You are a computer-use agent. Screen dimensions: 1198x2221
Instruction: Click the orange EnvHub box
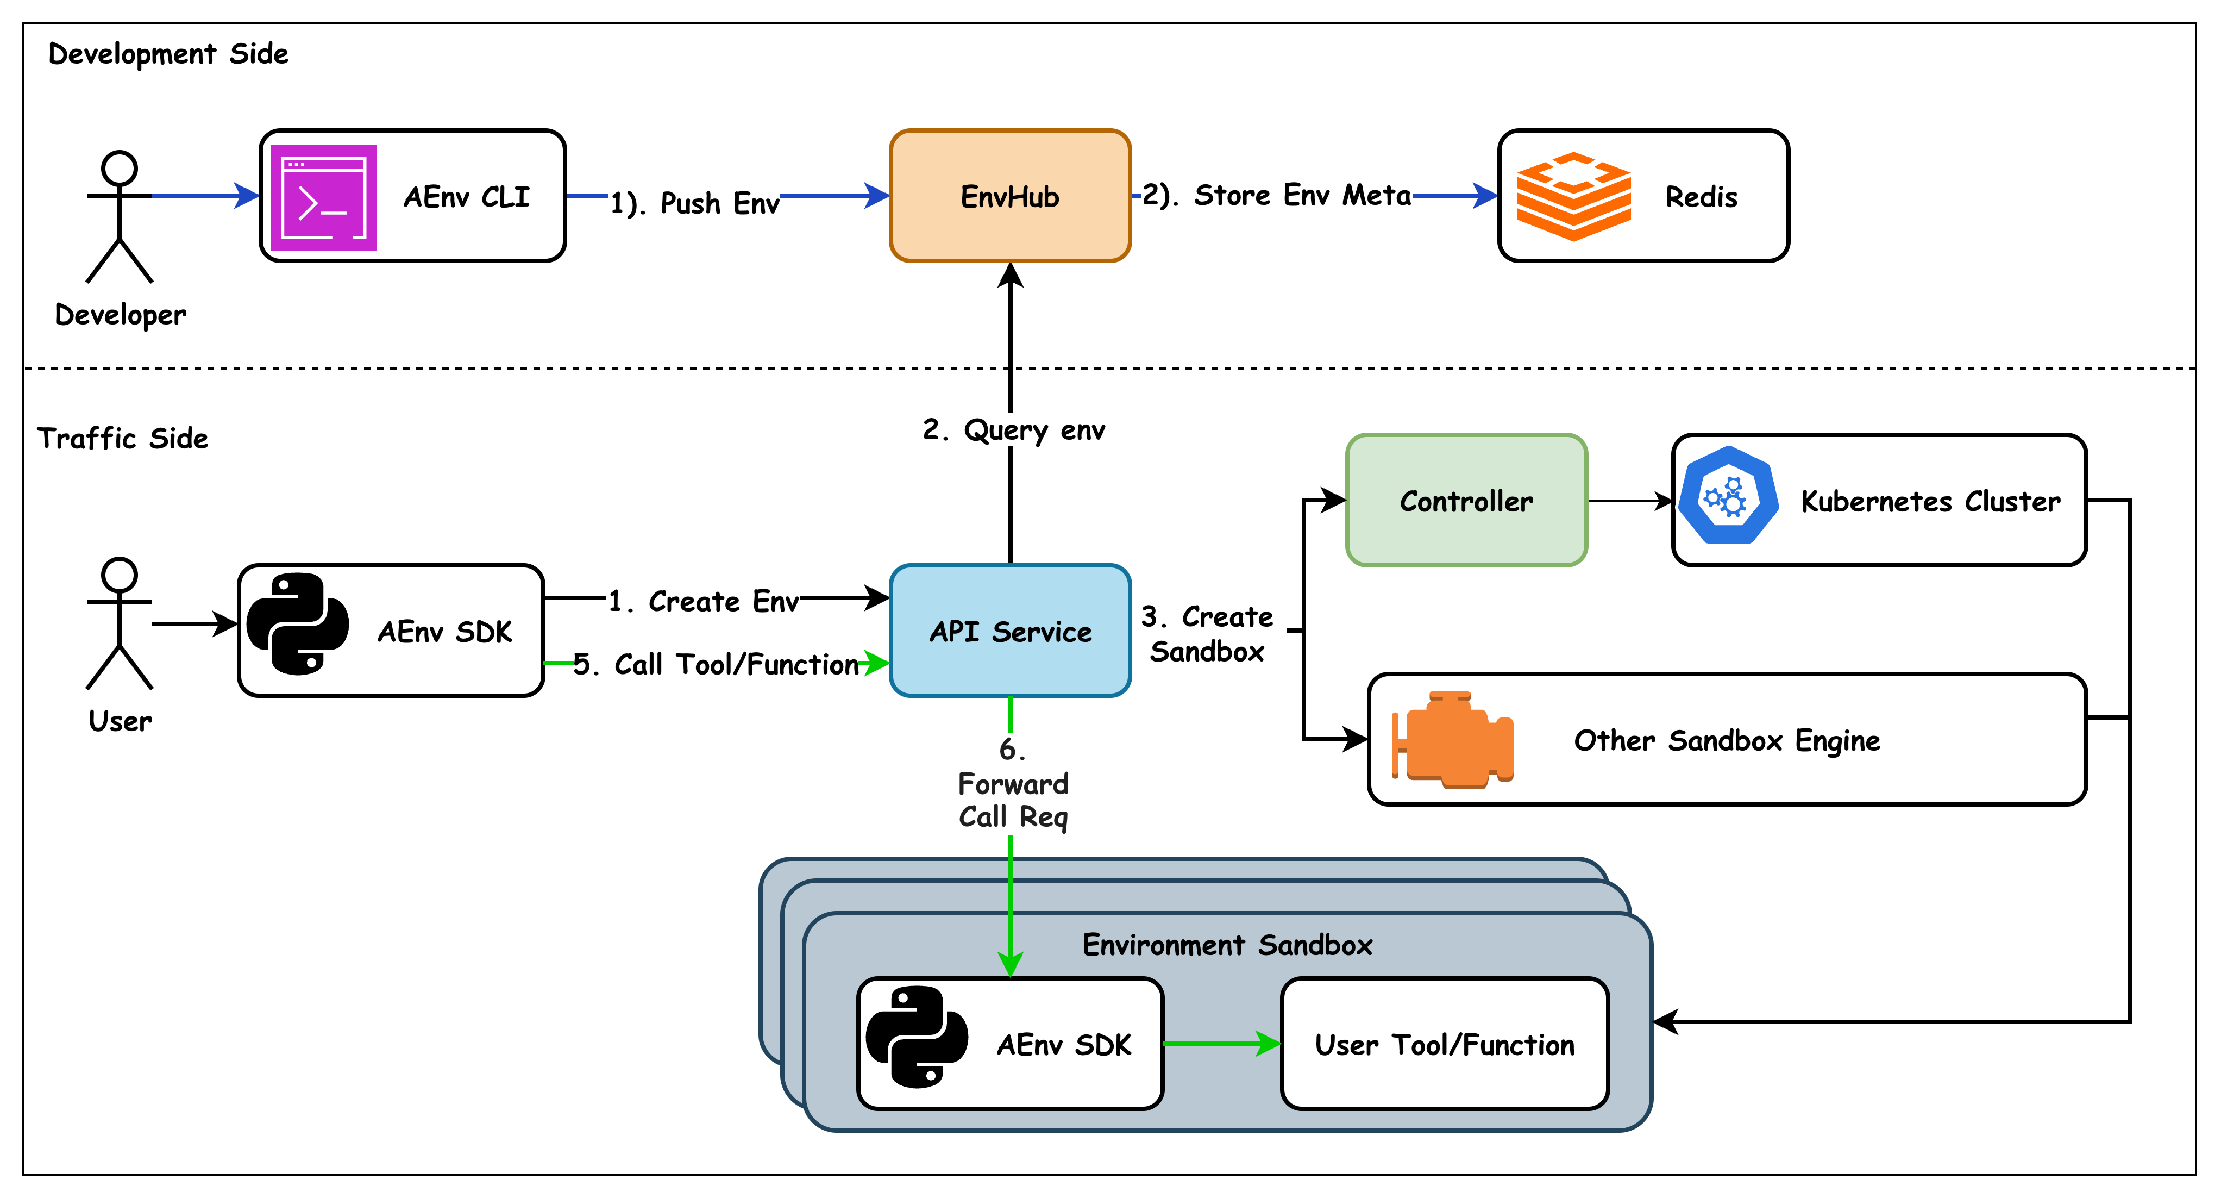coord(1009,196)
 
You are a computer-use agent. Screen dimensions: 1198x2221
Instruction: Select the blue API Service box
coord(1009,631)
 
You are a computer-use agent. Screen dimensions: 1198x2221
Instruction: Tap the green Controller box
coord(1466,500)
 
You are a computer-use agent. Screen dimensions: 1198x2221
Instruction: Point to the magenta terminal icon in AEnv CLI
coord(323,197)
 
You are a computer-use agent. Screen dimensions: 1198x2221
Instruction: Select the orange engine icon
coord(1454,740)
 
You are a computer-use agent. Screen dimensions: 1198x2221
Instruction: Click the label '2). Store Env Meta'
coord(1276,195)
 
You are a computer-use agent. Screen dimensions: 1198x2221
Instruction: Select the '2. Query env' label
coord(1013,429)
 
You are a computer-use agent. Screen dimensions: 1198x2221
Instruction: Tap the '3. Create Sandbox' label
coord(1207,634)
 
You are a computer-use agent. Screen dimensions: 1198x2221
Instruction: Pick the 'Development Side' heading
coord(168,53)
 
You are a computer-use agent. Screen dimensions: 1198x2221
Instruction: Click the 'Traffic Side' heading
coord(122,438)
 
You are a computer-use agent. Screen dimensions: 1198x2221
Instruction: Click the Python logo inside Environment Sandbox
coord(915,1038)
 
